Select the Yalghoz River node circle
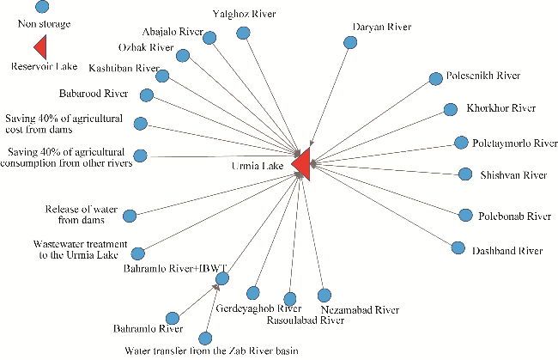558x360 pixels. click(x=244, y=33)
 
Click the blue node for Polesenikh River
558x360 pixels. click(x=434, y=80)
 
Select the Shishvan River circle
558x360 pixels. click(x=464, y=174)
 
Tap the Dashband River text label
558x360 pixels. click(x=507, y=251)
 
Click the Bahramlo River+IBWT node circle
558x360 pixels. click(x=222, y=278)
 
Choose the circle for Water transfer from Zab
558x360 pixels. click(x=204, y=338)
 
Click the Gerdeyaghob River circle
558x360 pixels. click(x=253, y=292)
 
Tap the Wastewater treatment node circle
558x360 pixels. click(x=138, y=253)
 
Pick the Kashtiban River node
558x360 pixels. click(x=162, y=76)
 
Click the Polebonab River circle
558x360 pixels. click(x=464, y=215)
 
